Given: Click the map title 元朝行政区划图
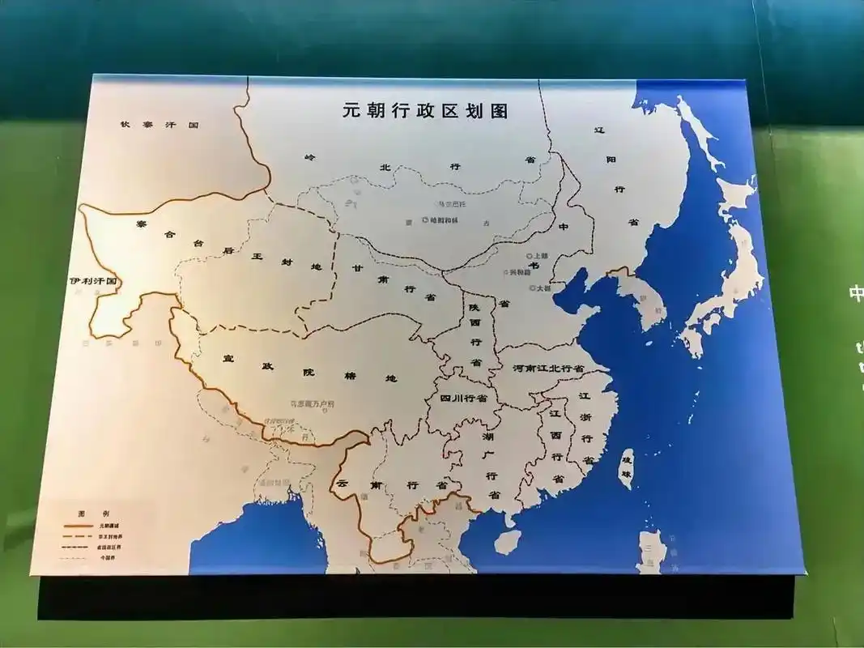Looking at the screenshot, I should (425, 112).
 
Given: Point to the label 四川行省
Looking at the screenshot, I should (463, 399).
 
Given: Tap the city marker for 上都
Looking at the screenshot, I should (529, 256).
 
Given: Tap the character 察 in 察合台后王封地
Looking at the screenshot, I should (141, 225).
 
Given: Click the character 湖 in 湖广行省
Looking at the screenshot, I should (487, 437).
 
